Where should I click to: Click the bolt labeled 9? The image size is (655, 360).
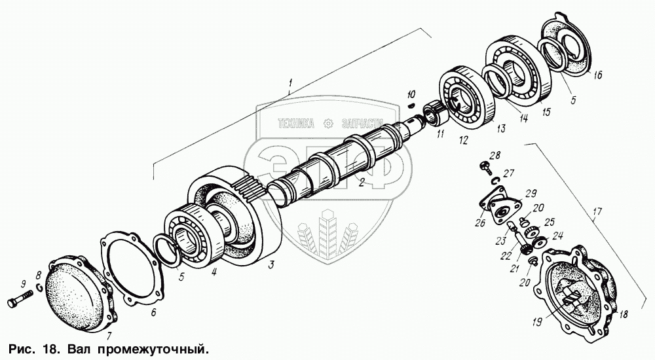(20, 303)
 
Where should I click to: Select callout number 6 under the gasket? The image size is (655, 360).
(153, 312)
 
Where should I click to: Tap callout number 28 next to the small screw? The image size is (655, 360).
(494, 155)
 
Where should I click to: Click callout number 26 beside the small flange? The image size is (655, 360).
(481, 222)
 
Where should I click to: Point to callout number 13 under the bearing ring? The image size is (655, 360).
(500, 128)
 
